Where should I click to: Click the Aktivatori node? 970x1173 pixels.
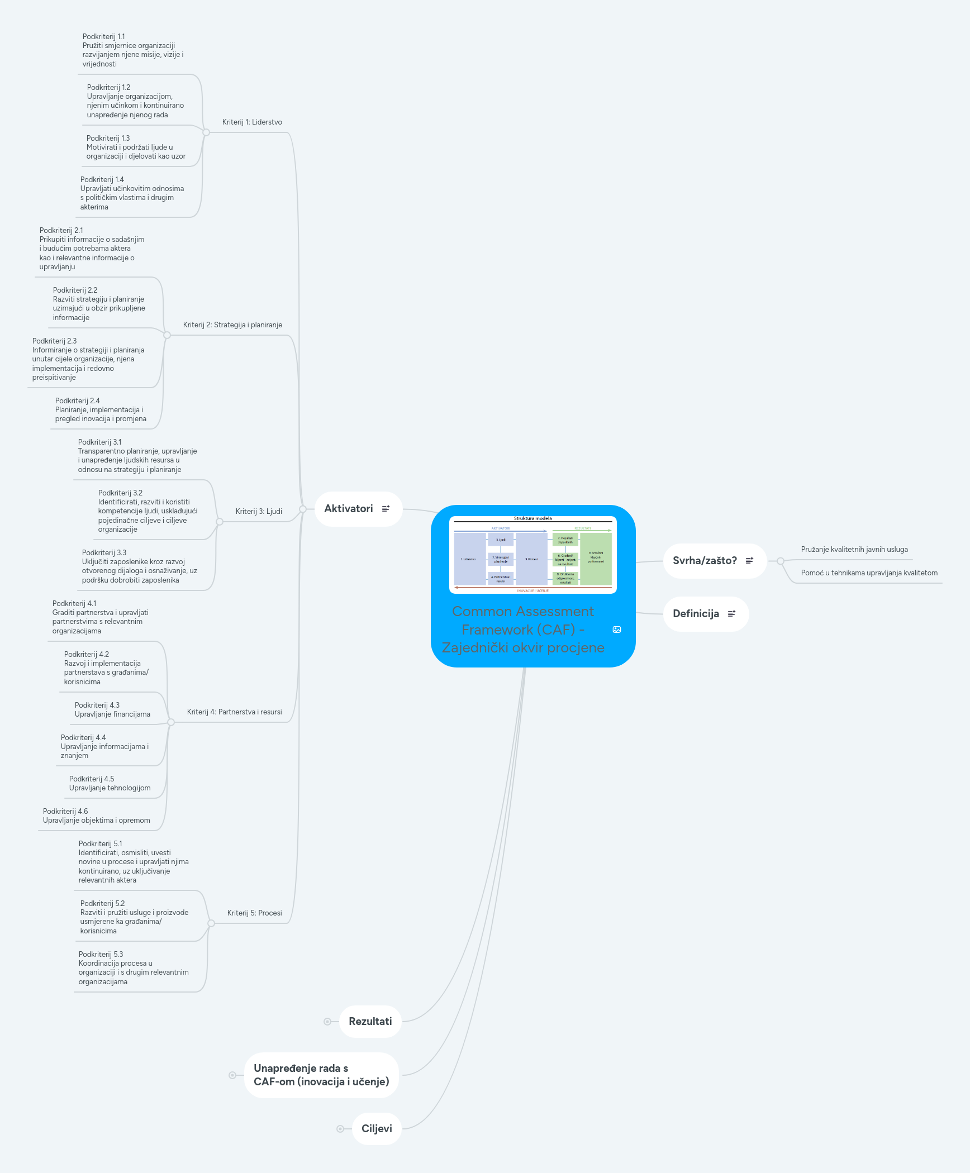click(349, 509)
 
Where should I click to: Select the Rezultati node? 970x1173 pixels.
click(370, 1022)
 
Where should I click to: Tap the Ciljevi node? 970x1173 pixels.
click(377, 1129)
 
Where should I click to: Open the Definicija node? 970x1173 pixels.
click(696, 614)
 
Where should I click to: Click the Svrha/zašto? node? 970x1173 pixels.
click(705, 561)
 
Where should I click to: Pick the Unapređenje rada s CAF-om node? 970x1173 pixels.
click(321, 1075)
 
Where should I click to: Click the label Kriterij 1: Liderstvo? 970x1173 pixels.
click(252, 122)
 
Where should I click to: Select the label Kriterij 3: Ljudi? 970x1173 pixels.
click(259, 512)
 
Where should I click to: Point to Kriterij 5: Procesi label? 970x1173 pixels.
click(254, 913)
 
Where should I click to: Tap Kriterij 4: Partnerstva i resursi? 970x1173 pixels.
click(234, 712)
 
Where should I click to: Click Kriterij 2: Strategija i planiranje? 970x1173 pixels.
click(232, 325)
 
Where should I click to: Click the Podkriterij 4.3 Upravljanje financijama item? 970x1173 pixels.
click(112, 710)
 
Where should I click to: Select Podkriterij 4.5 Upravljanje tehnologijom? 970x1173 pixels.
click(110, 784)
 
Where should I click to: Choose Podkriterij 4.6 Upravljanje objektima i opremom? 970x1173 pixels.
click(96, 816)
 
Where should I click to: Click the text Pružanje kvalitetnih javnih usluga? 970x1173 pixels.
click(854, 550)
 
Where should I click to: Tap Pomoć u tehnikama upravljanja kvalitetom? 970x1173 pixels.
click(869, 573)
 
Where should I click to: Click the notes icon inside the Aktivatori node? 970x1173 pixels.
click(386, 509)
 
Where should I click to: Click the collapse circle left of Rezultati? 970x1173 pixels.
click(327, 1022)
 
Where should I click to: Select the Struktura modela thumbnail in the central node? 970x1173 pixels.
click(532, 555)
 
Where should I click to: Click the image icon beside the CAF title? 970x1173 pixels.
click(617, 630)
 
